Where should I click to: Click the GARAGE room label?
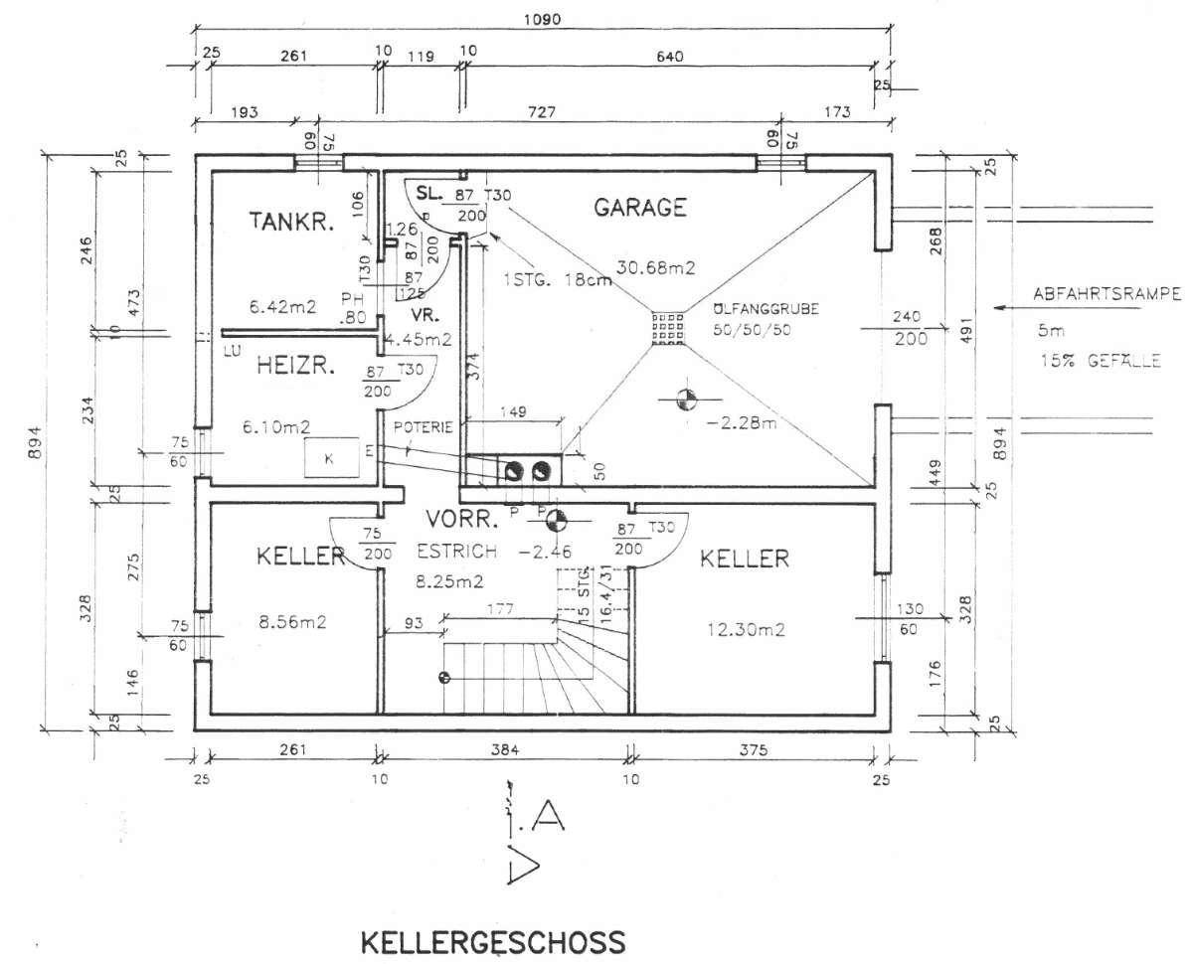pyautogui.click(x=640, y=207)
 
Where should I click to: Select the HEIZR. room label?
pyautogui.click(x=296, y=366)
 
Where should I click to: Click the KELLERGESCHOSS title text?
pyautogui.click(x=492, y=940)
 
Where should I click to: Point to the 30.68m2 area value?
pyautogui.click(x=655, y=266)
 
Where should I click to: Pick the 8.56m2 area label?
pyautogui.click(x=293, y=623)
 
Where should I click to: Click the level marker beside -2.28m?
pyautogui.click(x=685, y=400)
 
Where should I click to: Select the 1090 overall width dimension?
pyautogui.click(x=542, y=18)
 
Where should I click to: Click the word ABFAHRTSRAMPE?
pyautogui.click(x=1106, y=293)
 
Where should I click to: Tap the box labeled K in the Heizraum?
pyautogui.click(x=331, y=457)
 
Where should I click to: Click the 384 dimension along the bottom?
pyautogui.click(x=504, y=751)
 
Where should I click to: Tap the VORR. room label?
pyautogui.click(x=461, y=519)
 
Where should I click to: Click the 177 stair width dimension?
pyautogui.click(x=500, y=607)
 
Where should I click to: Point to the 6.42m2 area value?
pyautogui.click(x=282, y=307)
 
